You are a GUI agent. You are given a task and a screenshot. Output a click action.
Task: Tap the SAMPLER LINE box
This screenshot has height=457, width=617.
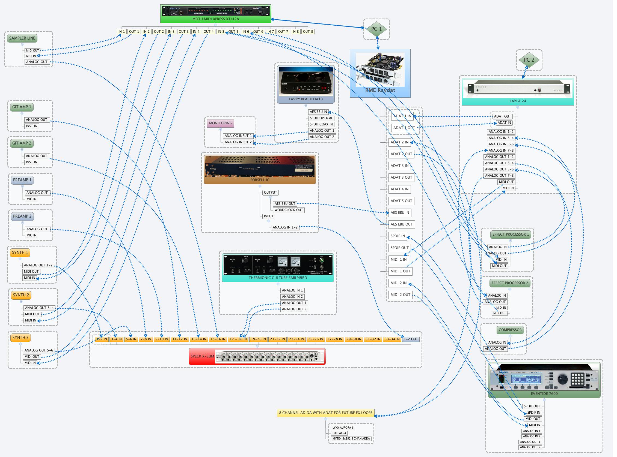(22, 38)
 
